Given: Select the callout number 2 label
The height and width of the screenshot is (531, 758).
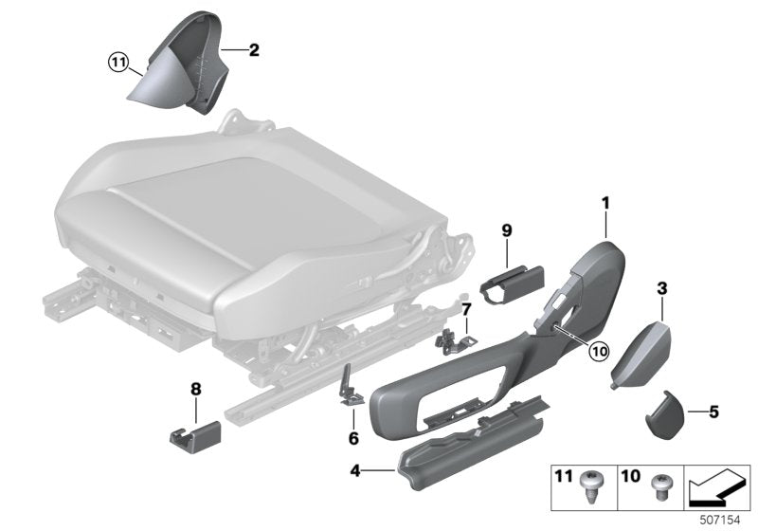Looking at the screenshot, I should point(254,49).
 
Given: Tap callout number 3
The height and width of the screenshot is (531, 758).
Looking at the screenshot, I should point(661,287).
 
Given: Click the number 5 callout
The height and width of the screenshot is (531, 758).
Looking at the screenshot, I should point(713,412).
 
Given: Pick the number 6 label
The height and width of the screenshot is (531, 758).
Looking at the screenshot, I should point(353,438).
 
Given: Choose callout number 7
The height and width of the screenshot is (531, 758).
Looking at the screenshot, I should point(465,309).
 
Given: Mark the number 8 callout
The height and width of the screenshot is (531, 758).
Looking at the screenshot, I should point(196,388).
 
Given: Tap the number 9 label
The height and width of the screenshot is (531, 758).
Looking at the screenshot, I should point(507,230).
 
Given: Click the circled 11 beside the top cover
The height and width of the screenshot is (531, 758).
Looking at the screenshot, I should point(117,64).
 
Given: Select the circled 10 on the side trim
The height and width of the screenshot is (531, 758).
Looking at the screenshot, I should point(597,350).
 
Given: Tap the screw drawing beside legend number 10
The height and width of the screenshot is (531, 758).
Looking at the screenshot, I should point(657,485).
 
